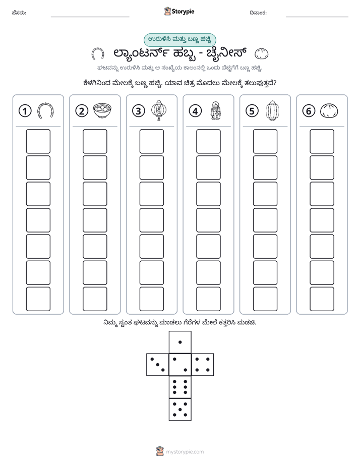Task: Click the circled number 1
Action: pos(25,111)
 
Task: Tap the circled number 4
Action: pos(195,111)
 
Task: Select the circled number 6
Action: pos(309,111)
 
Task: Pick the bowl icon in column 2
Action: pos(102,110)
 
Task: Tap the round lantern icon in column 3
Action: pos(159,110)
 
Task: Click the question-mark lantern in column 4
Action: pos(216,111)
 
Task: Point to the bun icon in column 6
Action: pos(329,111)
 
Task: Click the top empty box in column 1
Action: pos(38,141)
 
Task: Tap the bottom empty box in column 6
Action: pos(322,299)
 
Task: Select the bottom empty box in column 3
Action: pos(151,299)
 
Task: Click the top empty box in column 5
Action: pos(265,141)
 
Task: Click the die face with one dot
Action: pos(180,342)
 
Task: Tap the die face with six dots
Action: pos(180,387)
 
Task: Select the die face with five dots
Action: pos(180,409)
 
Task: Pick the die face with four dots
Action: pos(203,364)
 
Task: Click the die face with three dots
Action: pos(158,364)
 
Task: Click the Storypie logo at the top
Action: pos(179,12)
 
